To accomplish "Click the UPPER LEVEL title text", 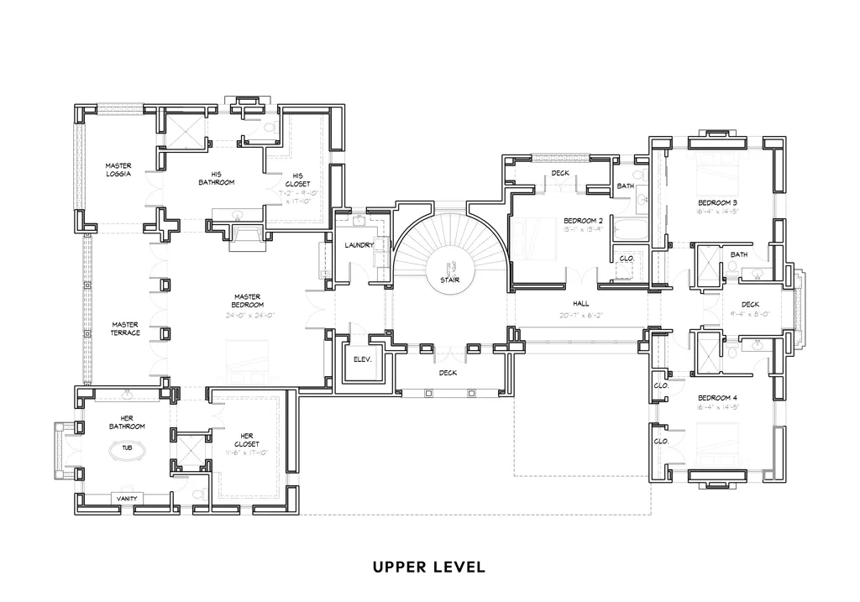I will tap(429, 568).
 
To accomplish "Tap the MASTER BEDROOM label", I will tap(247, 301).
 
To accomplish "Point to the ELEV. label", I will tap(362, 359).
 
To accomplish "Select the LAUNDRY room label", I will tap(359, 245).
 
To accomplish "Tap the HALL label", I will tap(581, 304).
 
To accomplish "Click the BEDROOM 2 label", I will tap(584, 221).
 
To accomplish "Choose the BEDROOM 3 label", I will tap(718, 203).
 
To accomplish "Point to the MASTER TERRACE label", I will tap(125, 328).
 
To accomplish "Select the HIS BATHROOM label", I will tap(217, 178).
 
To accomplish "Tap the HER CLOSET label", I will tap(247, 439).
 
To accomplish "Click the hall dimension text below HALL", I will tap(581, 316).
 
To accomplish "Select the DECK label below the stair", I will tap(448, 373).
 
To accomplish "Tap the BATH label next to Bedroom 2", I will tap(626, 186).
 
